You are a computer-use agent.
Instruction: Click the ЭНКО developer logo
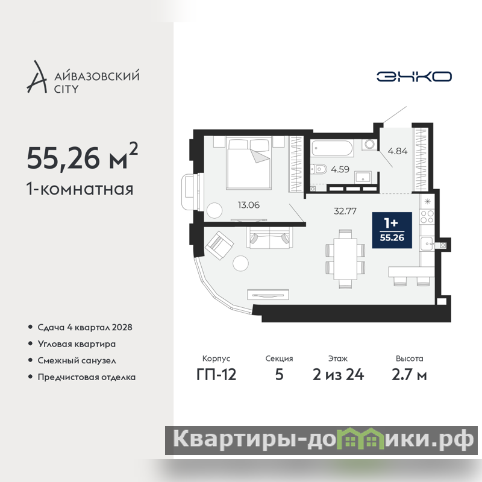pos(414,77)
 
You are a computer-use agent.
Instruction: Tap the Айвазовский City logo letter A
pos(37,77)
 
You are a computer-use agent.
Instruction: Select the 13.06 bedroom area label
pos(249,205)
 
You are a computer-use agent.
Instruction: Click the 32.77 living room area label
pos(345,211)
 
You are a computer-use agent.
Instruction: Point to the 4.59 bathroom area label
pos(340,169)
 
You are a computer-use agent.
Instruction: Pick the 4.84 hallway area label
pos(398,151)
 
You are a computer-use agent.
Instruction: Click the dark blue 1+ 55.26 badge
pos(392,230)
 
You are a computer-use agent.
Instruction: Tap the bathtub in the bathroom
pos(332,148)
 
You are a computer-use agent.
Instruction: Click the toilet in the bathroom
pos(319,169)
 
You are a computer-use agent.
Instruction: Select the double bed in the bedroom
pos(249,162)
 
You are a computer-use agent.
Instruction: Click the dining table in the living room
pos(345,259)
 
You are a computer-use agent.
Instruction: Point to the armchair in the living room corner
pos(219,245)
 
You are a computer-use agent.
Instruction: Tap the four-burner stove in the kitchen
pos(427,216)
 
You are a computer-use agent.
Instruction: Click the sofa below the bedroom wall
pos(269,237)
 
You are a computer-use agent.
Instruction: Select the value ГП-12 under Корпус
pos(216,375)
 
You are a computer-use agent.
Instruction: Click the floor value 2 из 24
pos(338,375)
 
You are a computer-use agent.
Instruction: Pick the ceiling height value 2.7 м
pos(409,375)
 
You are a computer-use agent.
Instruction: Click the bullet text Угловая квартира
pos(77,344)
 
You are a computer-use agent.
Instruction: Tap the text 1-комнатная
pos(80,189)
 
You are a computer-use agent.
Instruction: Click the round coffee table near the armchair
pos(240,263)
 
